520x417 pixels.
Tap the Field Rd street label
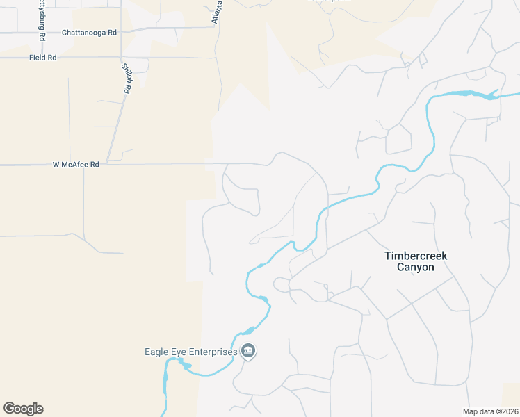pyautogui.click(x=42, y=58)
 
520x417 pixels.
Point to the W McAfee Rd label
pyautogui.click(x=76, y=165)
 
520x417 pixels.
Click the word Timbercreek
pyautogui.click(x=416, y=256)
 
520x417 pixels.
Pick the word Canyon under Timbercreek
pyautogui.click(x=416, y=267)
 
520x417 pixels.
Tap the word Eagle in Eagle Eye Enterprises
pyautogui.click(x=156, y=352)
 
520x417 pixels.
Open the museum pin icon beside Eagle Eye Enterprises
pyautogui.click(x=248, y=352)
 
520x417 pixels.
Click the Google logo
pyautogui.click(x=23, y=409)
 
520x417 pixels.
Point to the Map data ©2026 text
pyautogui.click(x=490, y=411)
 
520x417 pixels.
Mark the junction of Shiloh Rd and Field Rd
pyautogui.click(x=121, y=58)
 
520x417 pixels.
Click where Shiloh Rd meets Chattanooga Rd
pyautogui.click(x=121, y=31)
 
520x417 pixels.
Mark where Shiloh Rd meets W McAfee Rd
pyautogui.click(x=107, y=165)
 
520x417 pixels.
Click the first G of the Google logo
pyautogui.click(x=8, y=409)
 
